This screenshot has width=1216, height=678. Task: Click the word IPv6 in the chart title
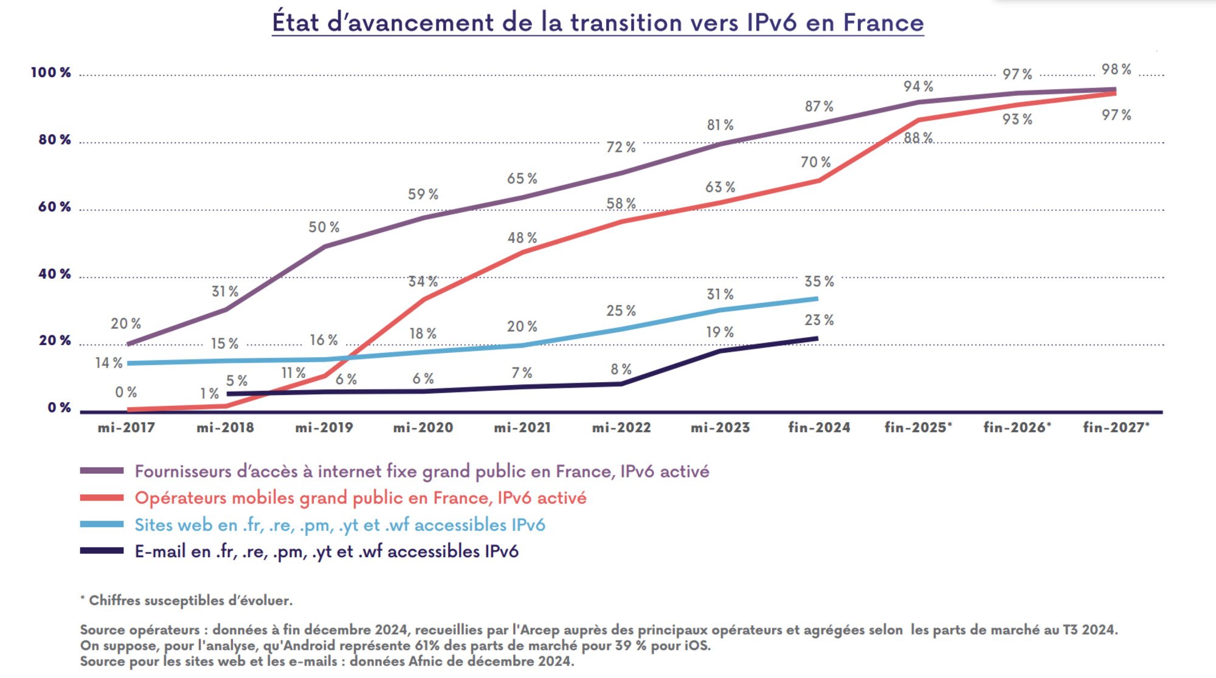coord(771,22)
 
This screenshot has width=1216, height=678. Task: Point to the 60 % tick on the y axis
coord(55,207)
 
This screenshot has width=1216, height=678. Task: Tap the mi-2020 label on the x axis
coord(423,428)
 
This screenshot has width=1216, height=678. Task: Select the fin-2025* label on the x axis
coord(918,428)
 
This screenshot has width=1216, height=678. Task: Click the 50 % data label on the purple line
coord(323,227)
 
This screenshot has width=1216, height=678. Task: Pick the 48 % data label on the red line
coord(522,238)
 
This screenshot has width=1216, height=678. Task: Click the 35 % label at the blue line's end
coord(819,282)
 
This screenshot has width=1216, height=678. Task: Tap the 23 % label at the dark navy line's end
coord(819,320)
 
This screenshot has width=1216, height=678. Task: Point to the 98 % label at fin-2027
coord(1116,69)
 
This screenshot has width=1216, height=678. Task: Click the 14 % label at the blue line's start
coord(109,363)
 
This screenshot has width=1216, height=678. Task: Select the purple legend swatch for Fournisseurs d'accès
coord(102,471)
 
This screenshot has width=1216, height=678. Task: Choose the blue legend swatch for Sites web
coord(102,524)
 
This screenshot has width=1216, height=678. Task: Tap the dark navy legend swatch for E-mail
coord(102,551)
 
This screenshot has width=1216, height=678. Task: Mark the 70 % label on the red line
coord(815,162)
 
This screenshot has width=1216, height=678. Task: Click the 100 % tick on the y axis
coord(51,73)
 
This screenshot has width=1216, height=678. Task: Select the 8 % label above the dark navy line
coord(621,369)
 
